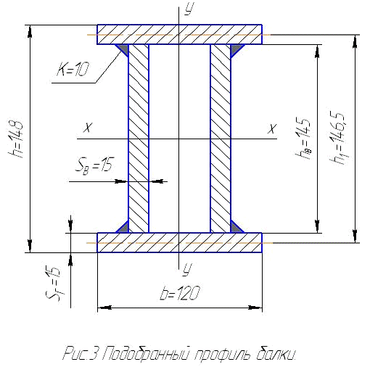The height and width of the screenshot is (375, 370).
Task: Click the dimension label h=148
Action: [16, 139]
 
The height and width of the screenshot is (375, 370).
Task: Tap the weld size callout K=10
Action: [73, 69]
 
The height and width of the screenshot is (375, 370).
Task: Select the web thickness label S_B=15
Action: [94, 165]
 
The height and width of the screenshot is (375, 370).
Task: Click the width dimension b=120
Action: [180, 293]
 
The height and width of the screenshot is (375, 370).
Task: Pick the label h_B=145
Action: [303, 138]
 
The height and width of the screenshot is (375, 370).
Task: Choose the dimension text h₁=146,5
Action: [337, 138]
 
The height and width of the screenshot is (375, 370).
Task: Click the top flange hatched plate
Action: [179, 34]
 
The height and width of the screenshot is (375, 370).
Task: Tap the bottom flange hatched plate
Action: [179, 242]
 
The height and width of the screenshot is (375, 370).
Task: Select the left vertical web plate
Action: [139, 139]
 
